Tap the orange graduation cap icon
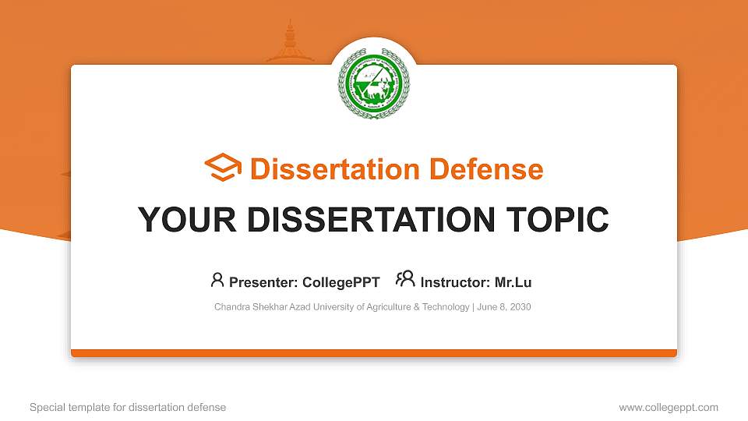pyautogui.click(x=223, y=168)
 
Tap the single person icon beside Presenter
pyautogui.click(x=217, y=279)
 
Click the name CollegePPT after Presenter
pyautogui.click(x=342, y=282)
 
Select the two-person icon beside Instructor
pyautogui.click(x=405, y=279)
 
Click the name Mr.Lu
pyautogui.click(x=513, y=282)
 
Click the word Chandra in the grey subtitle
pyautogui.click(x=232, y=307)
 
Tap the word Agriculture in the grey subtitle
pyautogui.click(x=385, y=307)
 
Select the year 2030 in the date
pyautogui.click(x=520, y=307)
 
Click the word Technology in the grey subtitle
pyautogui.click(x=445, y=307)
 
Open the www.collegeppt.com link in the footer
pyautogui.click(x=669, y=407)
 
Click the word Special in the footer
pyautogui.click(x=46, y=407)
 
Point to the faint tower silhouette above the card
pyautogui.click(x=290, y=43)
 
